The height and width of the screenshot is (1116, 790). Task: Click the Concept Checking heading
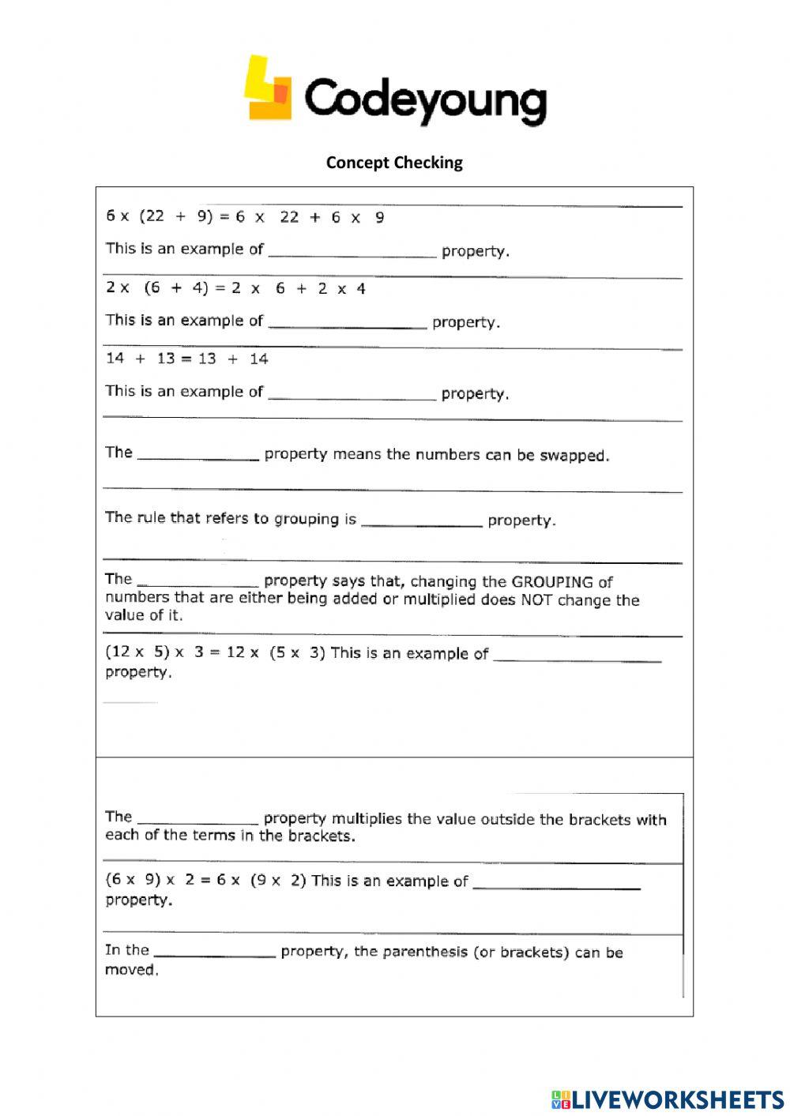point(394,163)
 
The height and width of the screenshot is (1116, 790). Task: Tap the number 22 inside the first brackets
point(154,216)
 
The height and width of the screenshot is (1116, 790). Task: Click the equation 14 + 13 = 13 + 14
point(187,359)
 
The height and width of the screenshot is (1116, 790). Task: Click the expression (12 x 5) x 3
point(156,653)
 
